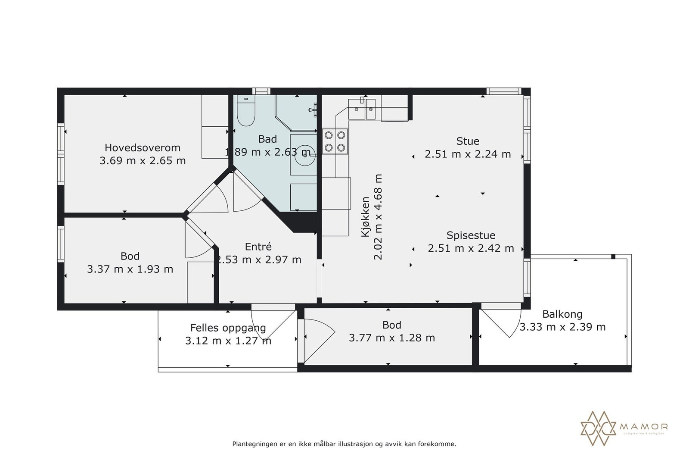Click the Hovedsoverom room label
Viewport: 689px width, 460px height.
142,147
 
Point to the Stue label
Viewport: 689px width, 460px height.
468,141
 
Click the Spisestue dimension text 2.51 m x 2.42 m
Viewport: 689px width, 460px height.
471,248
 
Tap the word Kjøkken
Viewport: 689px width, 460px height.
366,217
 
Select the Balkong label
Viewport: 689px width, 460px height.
562,314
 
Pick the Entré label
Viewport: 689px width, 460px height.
258,247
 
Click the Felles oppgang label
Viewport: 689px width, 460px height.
228,328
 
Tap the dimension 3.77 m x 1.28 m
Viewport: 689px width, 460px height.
391,338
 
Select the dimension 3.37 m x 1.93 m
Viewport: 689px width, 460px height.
130,269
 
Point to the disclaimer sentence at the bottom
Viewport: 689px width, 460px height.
344,444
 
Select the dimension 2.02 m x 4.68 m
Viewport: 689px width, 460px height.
378,217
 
